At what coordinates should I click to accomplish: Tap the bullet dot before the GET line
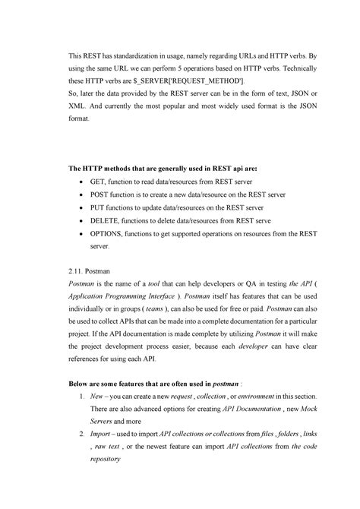pyautogui.click(x=82, y=184)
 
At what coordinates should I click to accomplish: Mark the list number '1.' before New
pyautogui.click(x=82, y=397)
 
